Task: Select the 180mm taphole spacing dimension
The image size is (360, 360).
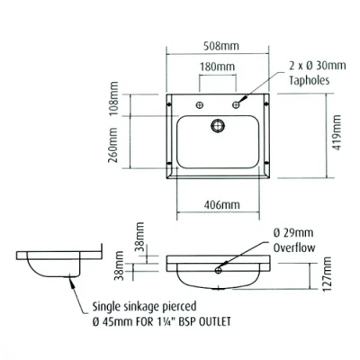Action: [x=217, y=67]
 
